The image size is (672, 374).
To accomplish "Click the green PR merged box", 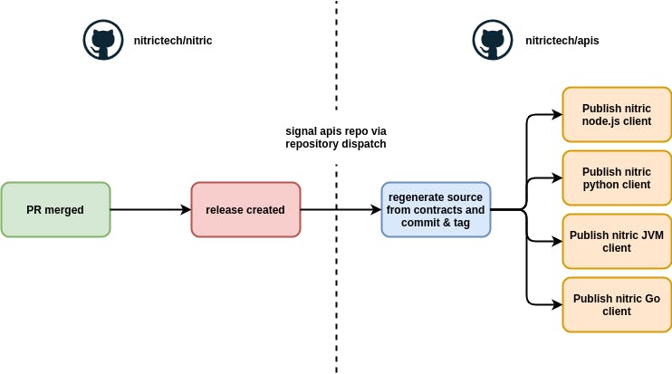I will point(55,209).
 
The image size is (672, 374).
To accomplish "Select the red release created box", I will point(245,209).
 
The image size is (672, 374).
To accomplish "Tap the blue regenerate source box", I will point(436,209).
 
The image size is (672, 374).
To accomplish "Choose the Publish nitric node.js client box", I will point(617,114).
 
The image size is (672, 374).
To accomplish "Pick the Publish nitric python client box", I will point(617,177).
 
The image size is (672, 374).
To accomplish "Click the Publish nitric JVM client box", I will point(617,241).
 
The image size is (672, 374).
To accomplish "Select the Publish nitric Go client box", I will point(617,304).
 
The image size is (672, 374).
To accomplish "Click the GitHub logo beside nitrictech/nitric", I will point(103,41).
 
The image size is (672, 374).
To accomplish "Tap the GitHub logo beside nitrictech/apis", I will point(493,41).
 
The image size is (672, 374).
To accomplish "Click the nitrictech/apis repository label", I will point(562,41).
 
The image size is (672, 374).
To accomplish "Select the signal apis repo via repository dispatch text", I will point(336,137).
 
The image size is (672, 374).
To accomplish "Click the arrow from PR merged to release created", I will point(150,209).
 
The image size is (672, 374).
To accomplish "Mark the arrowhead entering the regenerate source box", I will point(376,209).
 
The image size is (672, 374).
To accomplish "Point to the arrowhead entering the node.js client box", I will point(557,115).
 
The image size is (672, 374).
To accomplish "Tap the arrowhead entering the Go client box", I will point(557,304).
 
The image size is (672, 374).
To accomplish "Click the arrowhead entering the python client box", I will point(557,178).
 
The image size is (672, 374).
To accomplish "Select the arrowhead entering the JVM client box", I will point(557,241).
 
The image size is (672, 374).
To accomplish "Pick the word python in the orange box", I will point(601,185).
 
